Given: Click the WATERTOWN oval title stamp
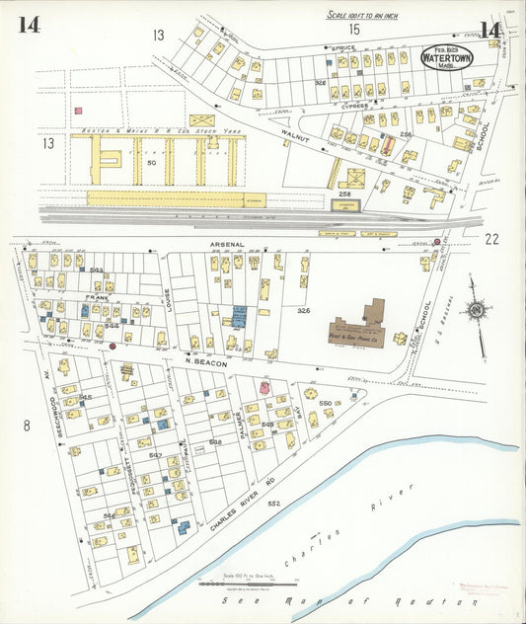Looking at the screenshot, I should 450,57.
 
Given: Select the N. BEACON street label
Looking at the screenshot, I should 205,362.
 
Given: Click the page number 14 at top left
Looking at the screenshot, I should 28,25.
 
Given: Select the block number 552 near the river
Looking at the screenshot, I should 273,504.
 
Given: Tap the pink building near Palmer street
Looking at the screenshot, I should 264,389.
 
